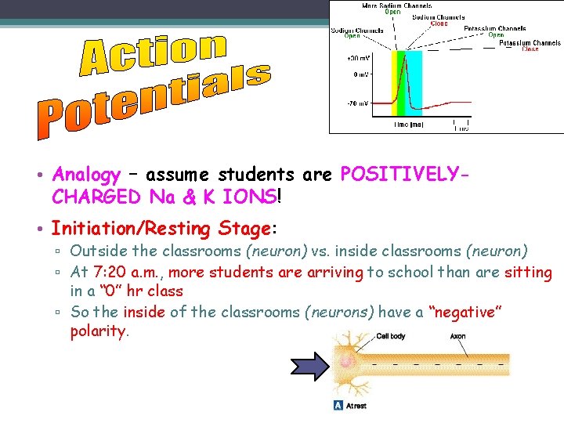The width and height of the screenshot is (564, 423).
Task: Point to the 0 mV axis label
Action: tap(360, 74)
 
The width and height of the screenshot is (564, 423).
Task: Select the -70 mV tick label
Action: tap(358, 102)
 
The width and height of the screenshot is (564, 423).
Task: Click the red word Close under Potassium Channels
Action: tap(530, 49)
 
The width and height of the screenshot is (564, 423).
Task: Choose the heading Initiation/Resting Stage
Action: tap(161, 230)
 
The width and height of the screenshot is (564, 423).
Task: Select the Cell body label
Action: tap(391, 337)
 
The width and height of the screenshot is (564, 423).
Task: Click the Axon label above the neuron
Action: tap(458, 337)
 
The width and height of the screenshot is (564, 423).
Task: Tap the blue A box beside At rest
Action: tap(338, 405)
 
